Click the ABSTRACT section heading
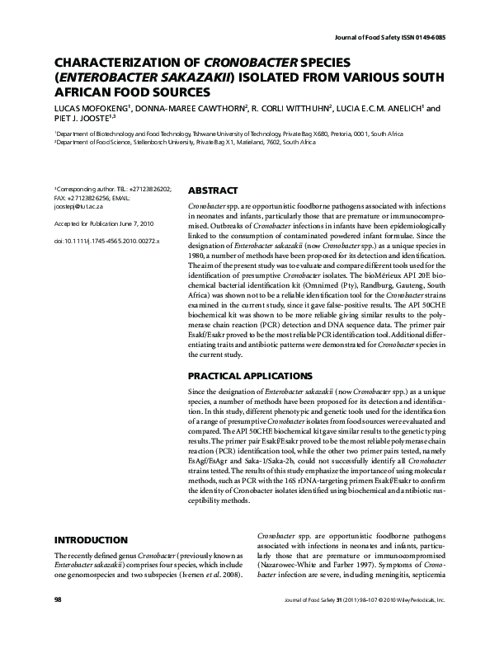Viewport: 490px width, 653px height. pos(214,190)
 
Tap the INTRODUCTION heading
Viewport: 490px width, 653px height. pos(90,540)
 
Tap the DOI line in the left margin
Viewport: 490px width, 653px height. pos(107,242)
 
